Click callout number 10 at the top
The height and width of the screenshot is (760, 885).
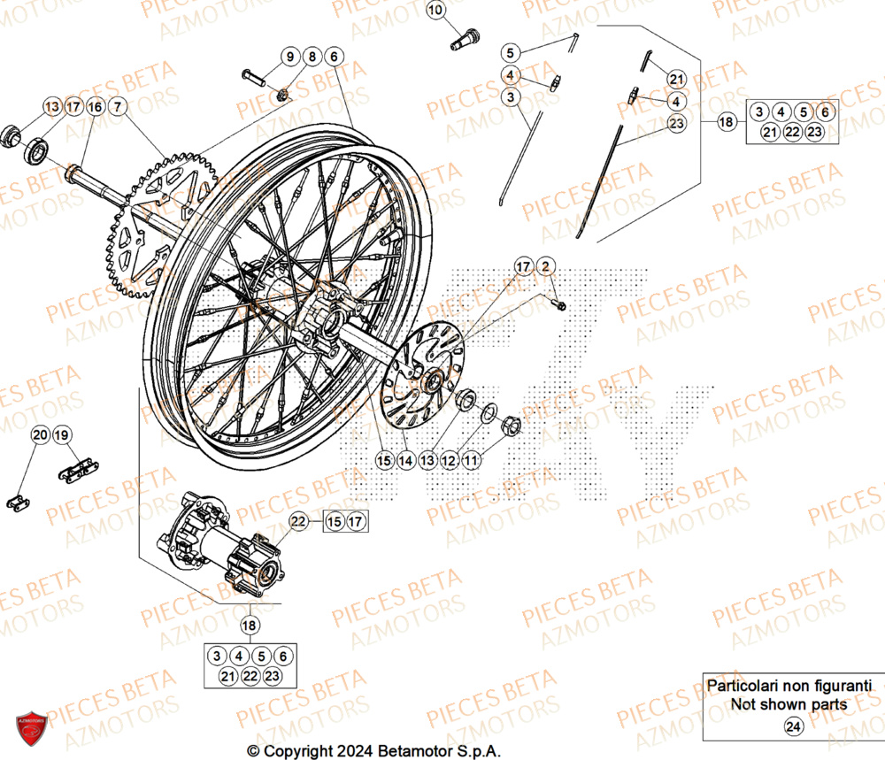[435, 11]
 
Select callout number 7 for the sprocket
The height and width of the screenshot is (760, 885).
[119, 107]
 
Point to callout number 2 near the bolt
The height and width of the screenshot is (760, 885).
[546, 266]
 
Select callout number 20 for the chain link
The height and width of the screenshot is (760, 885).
[40, 435]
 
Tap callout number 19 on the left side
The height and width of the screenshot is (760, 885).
[61, 435]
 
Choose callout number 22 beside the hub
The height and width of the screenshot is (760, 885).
[299, 522]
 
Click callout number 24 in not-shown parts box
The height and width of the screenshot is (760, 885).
[792, 727]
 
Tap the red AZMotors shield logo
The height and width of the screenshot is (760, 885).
[31, 728]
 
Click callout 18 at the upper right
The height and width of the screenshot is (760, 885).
[726, 122]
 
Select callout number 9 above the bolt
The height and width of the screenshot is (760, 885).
[290, 57]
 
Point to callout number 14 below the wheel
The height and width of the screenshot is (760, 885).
[405, 460]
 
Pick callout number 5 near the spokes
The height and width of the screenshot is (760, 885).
[512, 51]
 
